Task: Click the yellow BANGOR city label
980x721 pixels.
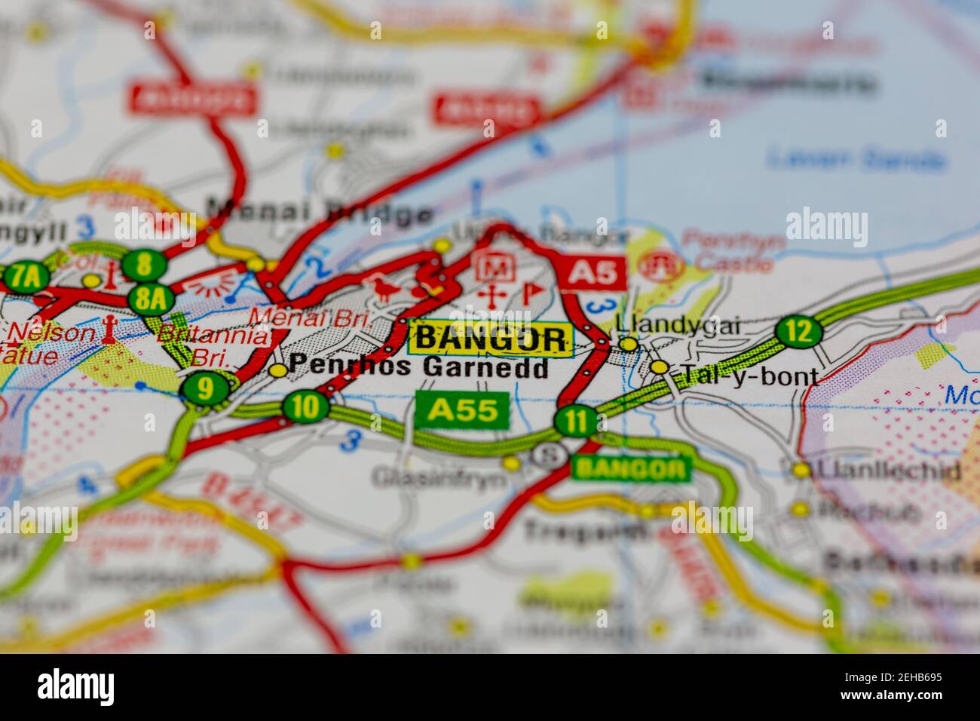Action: (x=489, y=338)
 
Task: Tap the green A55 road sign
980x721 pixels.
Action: (x=463, y=410)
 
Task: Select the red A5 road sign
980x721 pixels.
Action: (x=593, y=272)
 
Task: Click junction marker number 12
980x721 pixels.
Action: (x=798, y=330)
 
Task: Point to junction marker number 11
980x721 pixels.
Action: (x=577, y=421)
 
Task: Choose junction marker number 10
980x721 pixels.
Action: (x=306, y=407)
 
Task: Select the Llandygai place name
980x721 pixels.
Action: (x=678, y=325)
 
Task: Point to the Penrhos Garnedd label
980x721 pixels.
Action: (x=418, y=367)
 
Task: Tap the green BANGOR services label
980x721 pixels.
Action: (x=631, y=468)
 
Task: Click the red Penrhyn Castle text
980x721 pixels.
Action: (x=728, y=251)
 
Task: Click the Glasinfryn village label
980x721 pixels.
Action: (x=439, y=477)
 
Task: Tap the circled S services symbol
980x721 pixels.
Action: (x=549, y=454)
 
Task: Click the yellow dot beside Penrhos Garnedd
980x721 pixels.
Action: (x=278, y=370)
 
